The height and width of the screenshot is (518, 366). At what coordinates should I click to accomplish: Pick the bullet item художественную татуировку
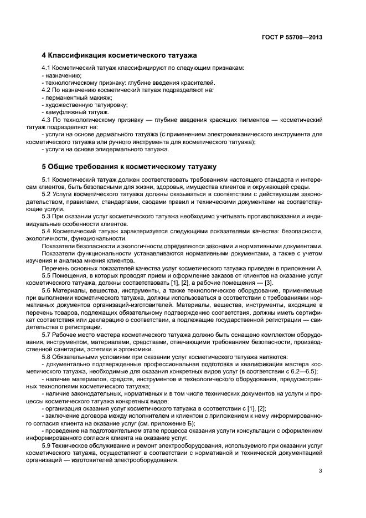click(x=79, y=104)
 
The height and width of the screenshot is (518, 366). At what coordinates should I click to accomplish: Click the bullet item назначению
click(x=63, y=75)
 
